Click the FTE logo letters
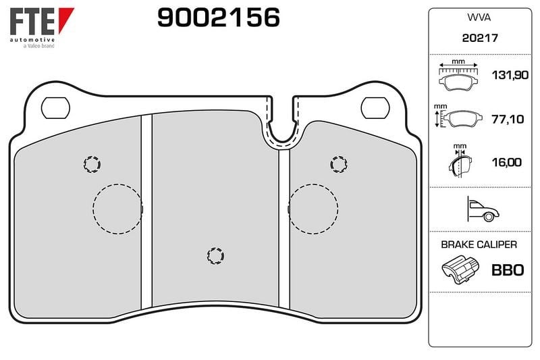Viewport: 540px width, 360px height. coord(32,22)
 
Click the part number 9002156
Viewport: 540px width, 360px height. coord(218,18)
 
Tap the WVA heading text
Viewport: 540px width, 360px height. coord(479,18)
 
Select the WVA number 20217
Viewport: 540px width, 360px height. coord(480,38)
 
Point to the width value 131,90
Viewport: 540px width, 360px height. coord(510,75)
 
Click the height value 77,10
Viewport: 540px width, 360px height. coord(508,119)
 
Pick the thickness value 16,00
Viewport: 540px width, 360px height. coord(507,162)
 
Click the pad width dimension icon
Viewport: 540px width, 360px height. coord(458,76)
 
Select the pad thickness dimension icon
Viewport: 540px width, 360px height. coord(460,161)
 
